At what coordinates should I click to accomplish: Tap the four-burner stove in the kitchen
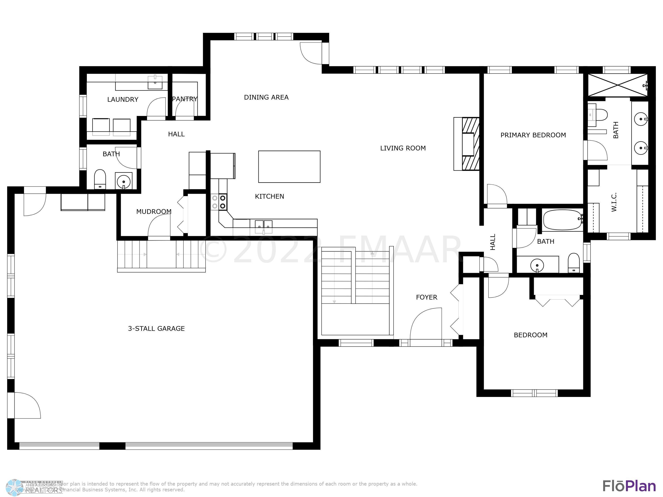click(219, 202)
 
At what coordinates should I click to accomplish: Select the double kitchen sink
click(264, 226)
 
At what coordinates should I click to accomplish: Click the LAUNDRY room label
click(123, 99)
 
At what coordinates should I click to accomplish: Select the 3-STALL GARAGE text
click(156, 329)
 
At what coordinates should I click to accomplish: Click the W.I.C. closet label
click(614, 202)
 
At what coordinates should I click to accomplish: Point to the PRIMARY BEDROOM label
click(533, 135)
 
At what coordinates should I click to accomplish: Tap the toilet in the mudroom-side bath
click(100, 179)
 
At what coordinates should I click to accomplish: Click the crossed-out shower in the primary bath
click(617, 85)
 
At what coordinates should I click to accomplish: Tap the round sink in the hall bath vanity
click(537, 265)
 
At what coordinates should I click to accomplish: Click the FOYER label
click(426, 297)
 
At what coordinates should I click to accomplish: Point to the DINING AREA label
click(266, 97)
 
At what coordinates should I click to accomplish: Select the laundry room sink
click(155, 82)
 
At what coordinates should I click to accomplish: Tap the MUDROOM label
click(154, 212)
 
